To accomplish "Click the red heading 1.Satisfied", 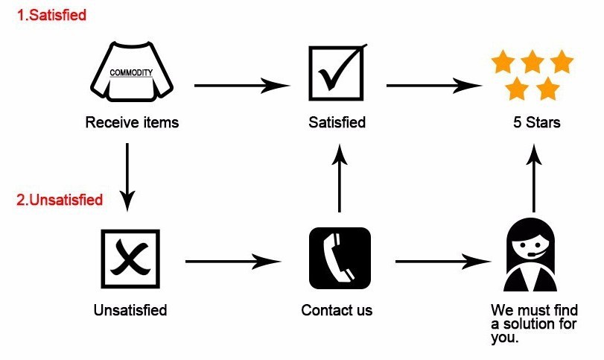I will (51, 15).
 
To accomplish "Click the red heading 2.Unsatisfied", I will (60, 200).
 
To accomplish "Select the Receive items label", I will (132, 122).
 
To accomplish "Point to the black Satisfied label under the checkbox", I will (337, 122).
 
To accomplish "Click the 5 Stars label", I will (532, 122).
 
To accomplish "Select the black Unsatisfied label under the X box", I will (130, 309).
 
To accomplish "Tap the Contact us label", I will (337, 309).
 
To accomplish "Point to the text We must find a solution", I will (534, 323).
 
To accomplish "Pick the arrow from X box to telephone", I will (232, 262).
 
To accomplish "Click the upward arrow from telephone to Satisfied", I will (340, 179).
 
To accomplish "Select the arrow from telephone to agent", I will (443, 262).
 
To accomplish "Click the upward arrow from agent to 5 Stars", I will (533, 179).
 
